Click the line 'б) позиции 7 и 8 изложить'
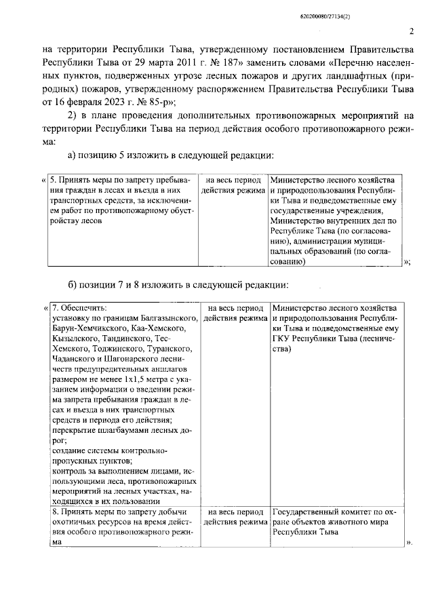178,283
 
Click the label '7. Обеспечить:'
79,307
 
